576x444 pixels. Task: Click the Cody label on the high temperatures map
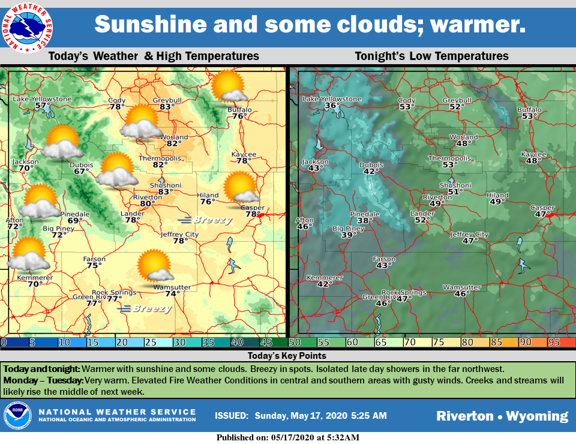[x=117, y=100]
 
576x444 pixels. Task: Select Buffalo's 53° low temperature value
[x=529, y=116]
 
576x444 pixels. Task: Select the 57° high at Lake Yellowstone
[x=42, y=106]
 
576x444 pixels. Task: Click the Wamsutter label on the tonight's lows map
[x=462, y=287]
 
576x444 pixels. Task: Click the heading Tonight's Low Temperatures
[x=431, y=56]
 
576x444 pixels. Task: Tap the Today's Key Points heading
[x=289, y=356]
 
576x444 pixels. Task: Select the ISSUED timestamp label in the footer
[x=231, y=416]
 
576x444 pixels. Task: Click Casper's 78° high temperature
[x=253, y=214]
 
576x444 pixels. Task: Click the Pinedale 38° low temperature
[x=365, y=221]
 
